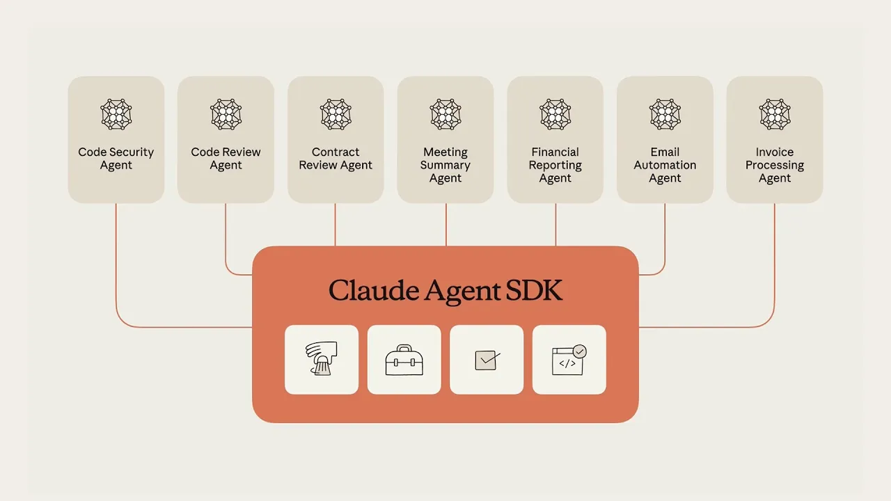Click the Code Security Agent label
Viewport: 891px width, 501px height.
(116, 159)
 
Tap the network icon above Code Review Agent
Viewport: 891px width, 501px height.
(226, 114)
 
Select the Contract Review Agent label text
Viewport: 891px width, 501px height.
(336, 159)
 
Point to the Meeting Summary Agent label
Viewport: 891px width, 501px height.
(445, 165)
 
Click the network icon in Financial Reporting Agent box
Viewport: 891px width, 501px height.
(555, 114)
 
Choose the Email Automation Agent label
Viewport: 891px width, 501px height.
(665, 165)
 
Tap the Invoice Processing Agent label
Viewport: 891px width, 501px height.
(775, 165)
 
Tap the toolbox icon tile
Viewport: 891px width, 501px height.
(404, 360)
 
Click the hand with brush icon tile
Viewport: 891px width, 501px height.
(322, 360)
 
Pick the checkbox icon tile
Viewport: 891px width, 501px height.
(487, 360)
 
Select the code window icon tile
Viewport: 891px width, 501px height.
(569, 360)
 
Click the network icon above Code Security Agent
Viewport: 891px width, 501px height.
(116, 114)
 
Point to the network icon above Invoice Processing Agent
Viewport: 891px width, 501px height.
(775, 114)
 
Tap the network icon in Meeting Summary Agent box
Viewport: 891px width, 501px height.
(445, 114)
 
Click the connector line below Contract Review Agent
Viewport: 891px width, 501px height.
(336, 225)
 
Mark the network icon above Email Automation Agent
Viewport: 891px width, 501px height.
(665, 114)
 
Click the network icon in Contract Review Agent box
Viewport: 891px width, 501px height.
(336, 114)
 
